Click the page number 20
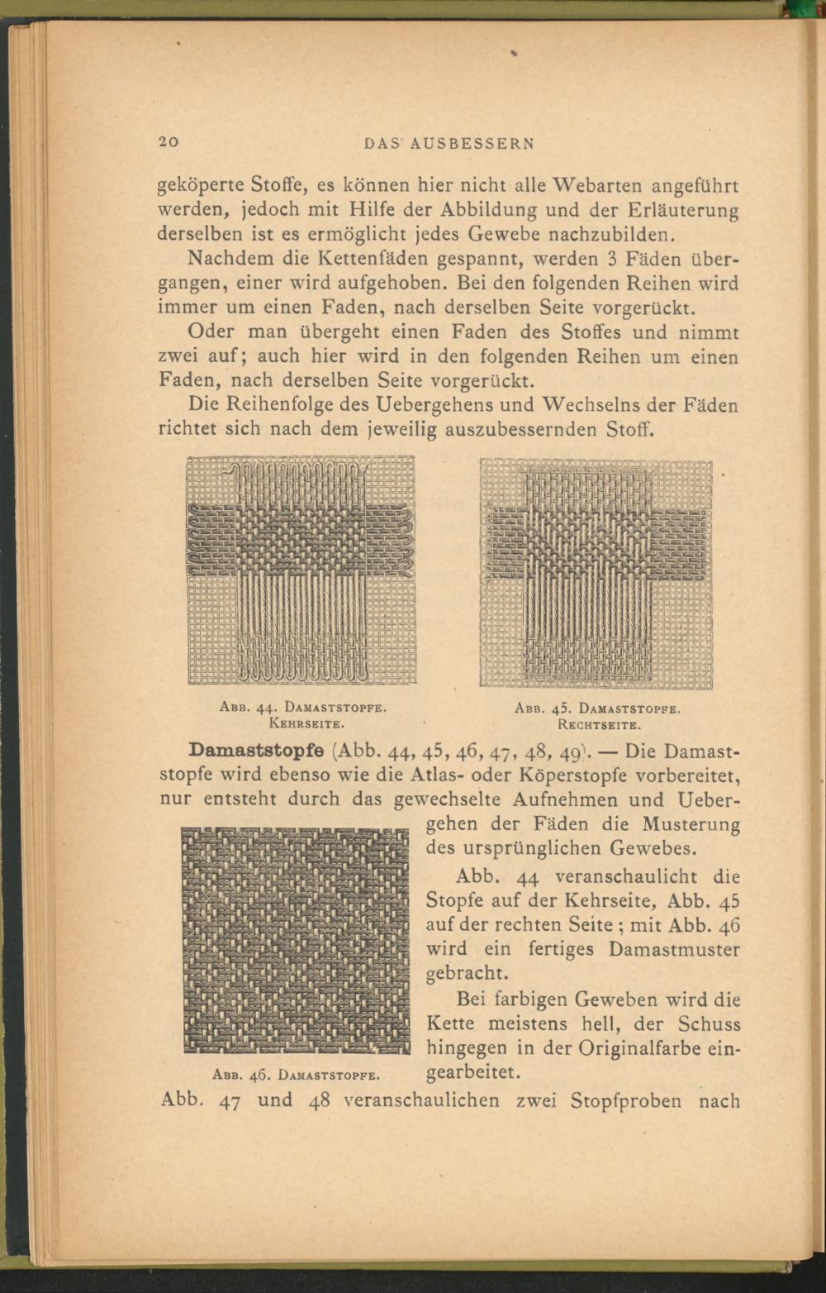[x=169, y=141]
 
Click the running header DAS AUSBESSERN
[x=449, y=142]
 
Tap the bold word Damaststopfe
[x=259, y=751]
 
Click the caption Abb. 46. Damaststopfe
[x=296, y=1076]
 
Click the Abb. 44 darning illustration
[x=301, y=570]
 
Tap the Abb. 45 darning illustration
[x=596, y=573]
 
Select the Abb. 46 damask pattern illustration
[x=296, y=941]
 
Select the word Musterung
[x=691, y=825]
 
